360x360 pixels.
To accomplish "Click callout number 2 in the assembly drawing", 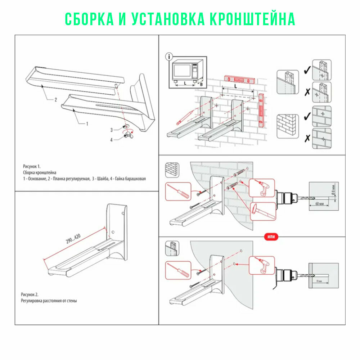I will pyautogui.click(x=55, y=100).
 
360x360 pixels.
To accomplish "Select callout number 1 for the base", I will pyautogui.click(x=86, y=123).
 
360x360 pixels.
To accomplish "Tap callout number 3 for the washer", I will pyautogui.click(x=112, y=129).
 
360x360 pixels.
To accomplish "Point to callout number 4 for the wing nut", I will pyautogui.click(x=112, y=139).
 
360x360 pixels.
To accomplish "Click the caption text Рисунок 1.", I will pyautogui.click(x=32, y=167).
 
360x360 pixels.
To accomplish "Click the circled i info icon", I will pyautogui.click(x=169, y=57).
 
